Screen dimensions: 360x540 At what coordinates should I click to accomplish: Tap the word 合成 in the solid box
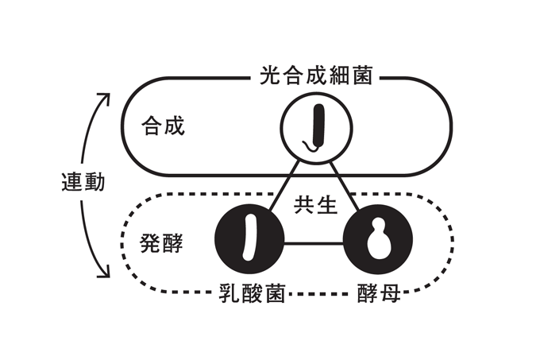[x=163, y=126]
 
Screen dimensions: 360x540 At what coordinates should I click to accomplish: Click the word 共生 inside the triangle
[x=316, y=204]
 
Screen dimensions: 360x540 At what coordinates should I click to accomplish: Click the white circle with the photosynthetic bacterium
[x=316, y=126]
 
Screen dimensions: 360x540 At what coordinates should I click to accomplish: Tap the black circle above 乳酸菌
[x=251, y=243]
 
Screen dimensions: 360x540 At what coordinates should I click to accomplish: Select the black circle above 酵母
[x=378, y=243]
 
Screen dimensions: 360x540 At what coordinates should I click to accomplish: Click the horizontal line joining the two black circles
[x=314, y=243]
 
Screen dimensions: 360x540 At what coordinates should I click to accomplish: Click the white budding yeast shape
[x=378, y=243]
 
